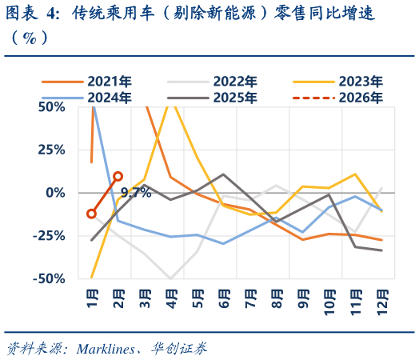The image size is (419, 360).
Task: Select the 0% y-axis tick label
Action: tap(55, 193)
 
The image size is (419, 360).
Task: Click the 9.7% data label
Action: tap(136, 193)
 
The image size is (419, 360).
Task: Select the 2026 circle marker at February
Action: tap(118, 176)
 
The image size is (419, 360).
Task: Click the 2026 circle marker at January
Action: tap(91, 214)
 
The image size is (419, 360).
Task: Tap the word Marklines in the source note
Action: tap(104, 348)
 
